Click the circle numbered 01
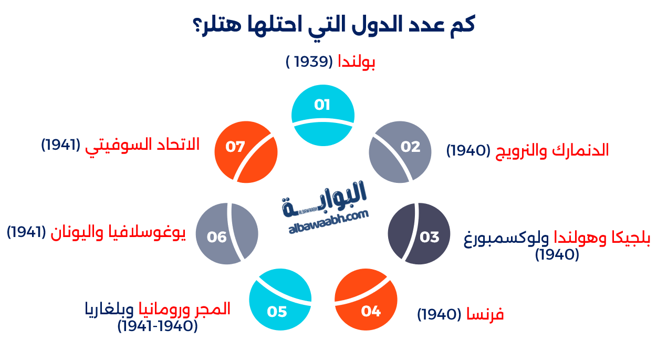(x=322, y=115)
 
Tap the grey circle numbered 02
(x=400, y=152)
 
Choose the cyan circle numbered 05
(x=280, y=299)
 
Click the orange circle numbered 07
(x=246, y=152)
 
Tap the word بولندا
(x=356, y=61)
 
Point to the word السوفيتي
(x=114, y=144)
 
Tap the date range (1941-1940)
(x=158, y=326)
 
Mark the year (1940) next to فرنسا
(x=439, y=315)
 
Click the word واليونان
(x=73, y=232)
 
